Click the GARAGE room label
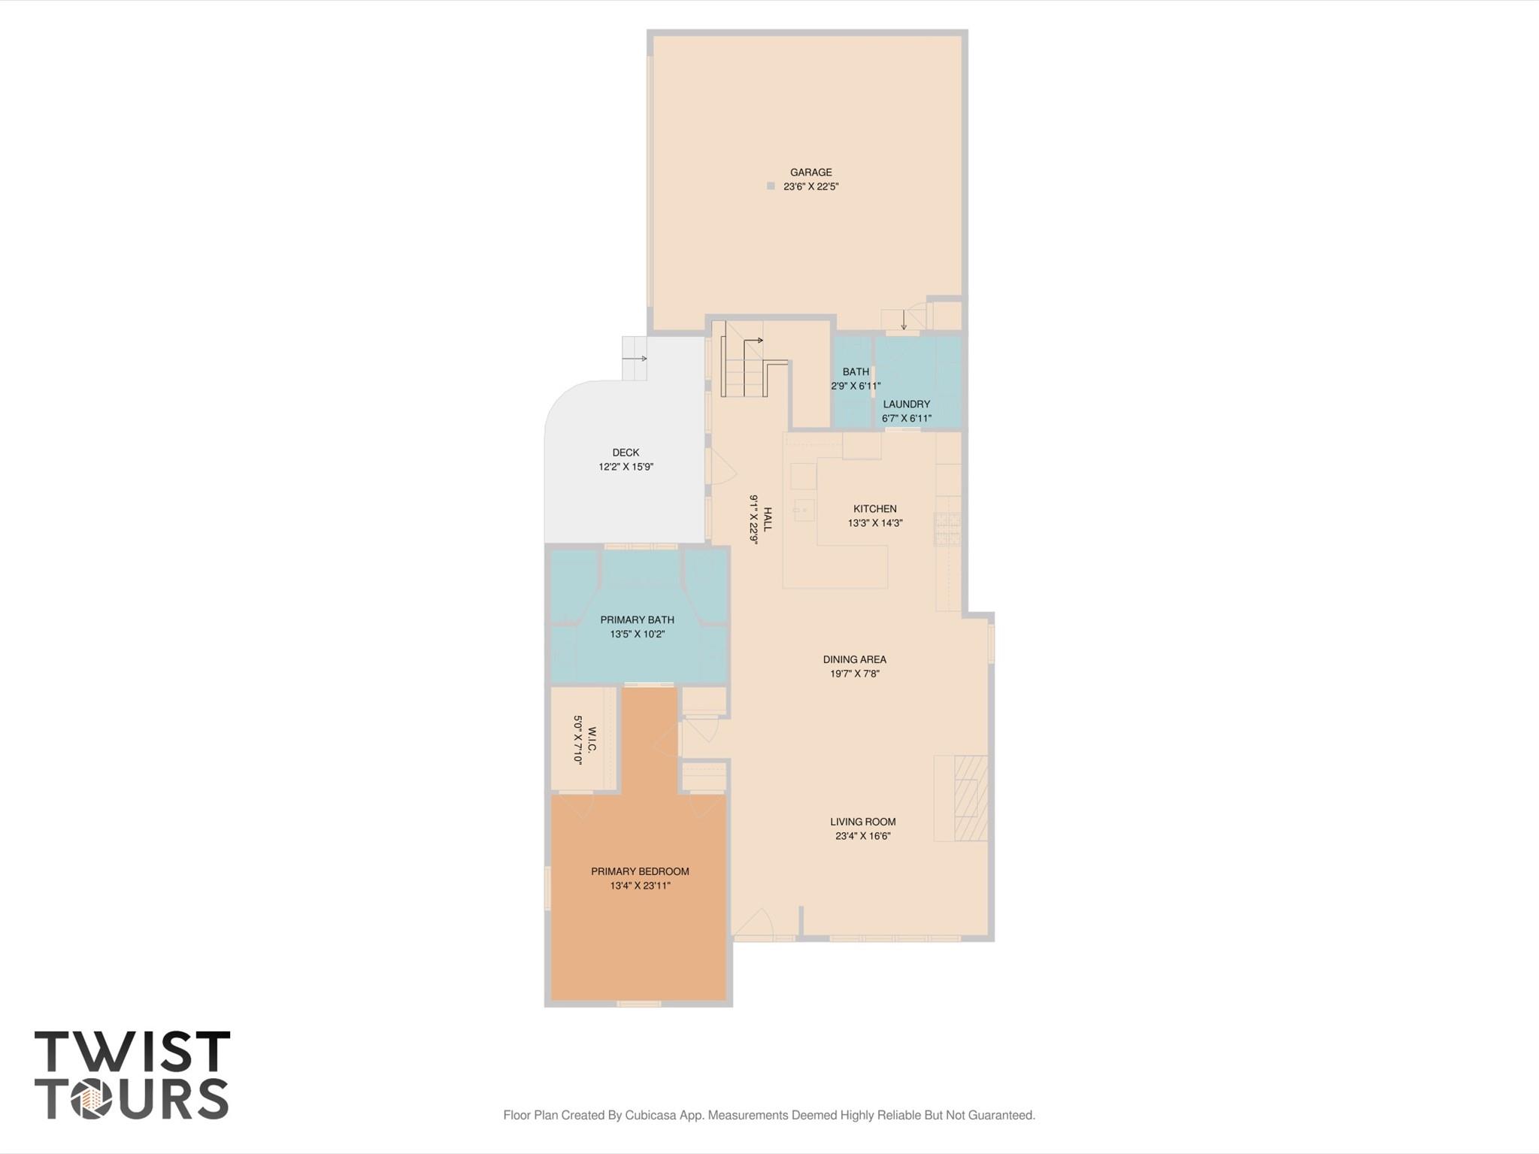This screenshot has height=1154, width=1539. (810, 172)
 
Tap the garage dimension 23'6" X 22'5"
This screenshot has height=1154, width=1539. (810, 186)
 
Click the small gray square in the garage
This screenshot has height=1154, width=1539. (771, 186)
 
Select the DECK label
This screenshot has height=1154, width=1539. (626, 453)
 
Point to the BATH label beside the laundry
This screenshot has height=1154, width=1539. (856, 371)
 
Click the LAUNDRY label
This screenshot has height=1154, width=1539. (906, 404)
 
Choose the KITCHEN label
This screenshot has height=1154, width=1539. (875, 509)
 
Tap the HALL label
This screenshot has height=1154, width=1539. (768, 519)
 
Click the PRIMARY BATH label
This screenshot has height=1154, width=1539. (637, 620)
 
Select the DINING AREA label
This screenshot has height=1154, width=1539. (854, 659)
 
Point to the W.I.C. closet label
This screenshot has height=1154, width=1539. (592, 740)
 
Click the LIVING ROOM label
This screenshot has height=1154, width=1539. (862, 822)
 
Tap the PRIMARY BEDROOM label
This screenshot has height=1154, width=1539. (640, 871)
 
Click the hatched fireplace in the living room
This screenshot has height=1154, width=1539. (970, 798)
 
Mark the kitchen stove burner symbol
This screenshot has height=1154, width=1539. (947, 528)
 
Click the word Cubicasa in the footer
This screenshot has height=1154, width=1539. (651, 1115)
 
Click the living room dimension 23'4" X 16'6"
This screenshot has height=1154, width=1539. (862, 836)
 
